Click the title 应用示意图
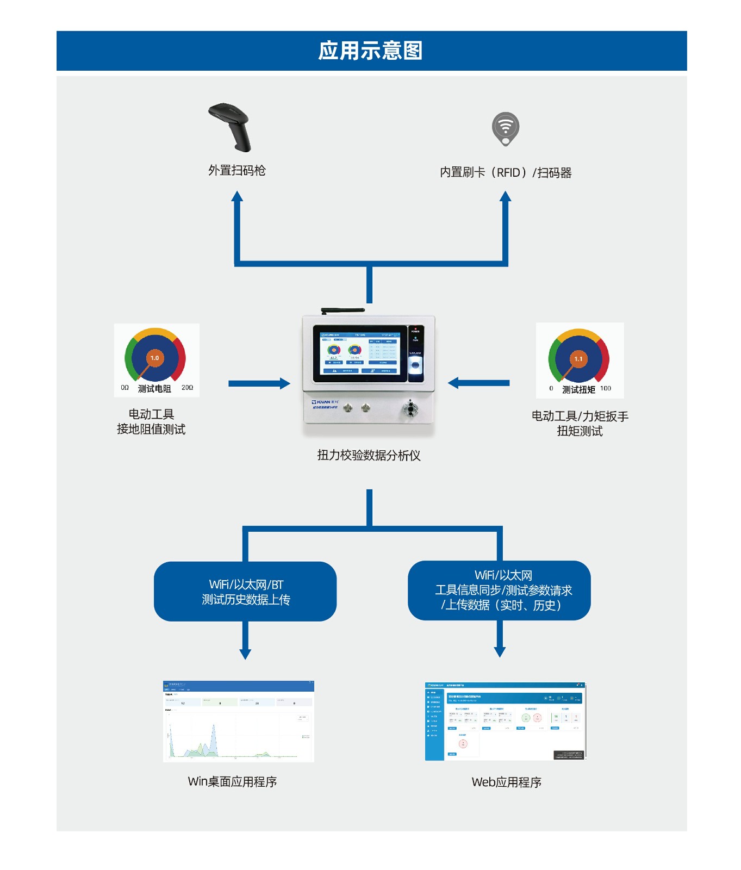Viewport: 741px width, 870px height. (370, 51)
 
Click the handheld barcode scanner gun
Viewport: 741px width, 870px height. (231, 126)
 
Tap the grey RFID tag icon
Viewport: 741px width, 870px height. (506, 128)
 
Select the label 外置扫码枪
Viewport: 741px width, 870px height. (237, 170)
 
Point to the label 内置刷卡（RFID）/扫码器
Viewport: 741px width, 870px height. (506, 172)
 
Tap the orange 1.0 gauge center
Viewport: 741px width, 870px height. (155, 358)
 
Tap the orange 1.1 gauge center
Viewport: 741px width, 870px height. (578, 359)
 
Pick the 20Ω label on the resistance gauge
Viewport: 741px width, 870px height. (187, 388)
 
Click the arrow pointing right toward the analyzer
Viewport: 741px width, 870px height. (259, 383)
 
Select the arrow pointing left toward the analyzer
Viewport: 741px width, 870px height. (479, 383)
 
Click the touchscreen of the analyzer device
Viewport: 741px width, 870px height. (360, 353)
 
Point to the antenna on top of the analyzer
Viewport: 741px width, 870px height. (343, 310)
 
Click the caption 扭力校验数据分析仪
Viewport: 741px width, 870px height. (369, 455)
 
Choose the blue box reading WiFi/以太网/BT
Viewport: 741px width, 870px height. (245, 592)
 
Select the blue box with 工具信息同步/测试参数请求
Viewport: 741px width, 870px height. (499, 591)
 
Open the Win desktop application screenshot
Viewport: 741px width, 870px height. (239, 721)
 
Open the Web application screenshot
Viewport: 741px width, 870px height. (506, 721)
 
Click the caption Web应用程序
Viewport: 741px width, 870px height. (506, 782)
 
